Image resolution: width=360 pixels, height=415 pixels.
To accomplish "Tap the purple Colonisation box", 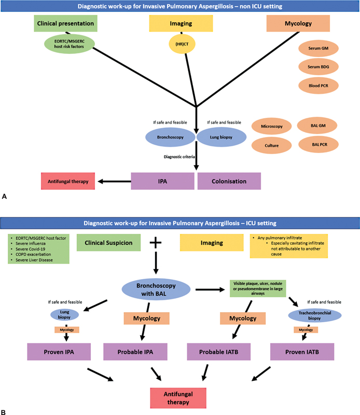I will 229,182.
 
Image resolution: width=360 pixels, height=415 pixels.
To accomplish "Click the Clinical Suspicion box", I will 109,242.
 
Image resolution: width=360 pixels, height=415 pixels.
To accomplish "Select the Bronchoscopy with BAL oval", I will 155,288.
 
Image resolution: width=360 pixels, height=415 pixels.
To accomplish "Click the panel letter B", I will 5,411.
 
